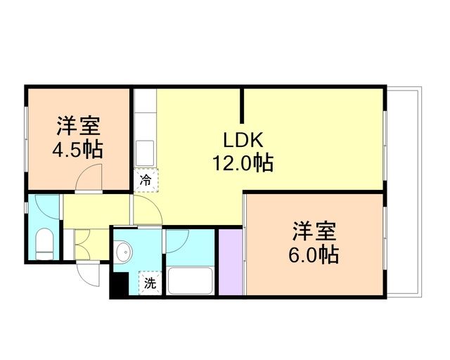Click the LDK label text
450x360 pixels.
[x=243, y=140]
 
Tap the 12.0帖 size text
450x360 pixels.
[x=243, y=163]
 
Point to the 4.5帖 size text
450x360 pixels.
[x=78, y=149]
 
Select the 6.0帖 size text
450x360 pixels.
[x=314, y=254]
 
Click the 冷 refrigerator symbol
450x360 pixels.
[x=146, y=181]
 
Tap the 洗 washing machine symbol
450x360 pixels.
[x=150, y=284]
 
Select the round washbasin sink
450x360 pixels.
[x=124, y=251]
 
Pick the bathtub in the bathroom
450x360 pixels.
[x=189, y=281]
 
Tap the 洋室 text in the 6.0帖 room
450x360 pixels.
[x=314, y=230]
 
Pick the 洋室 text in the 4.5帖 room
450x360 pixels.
[x=78, y=127]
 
